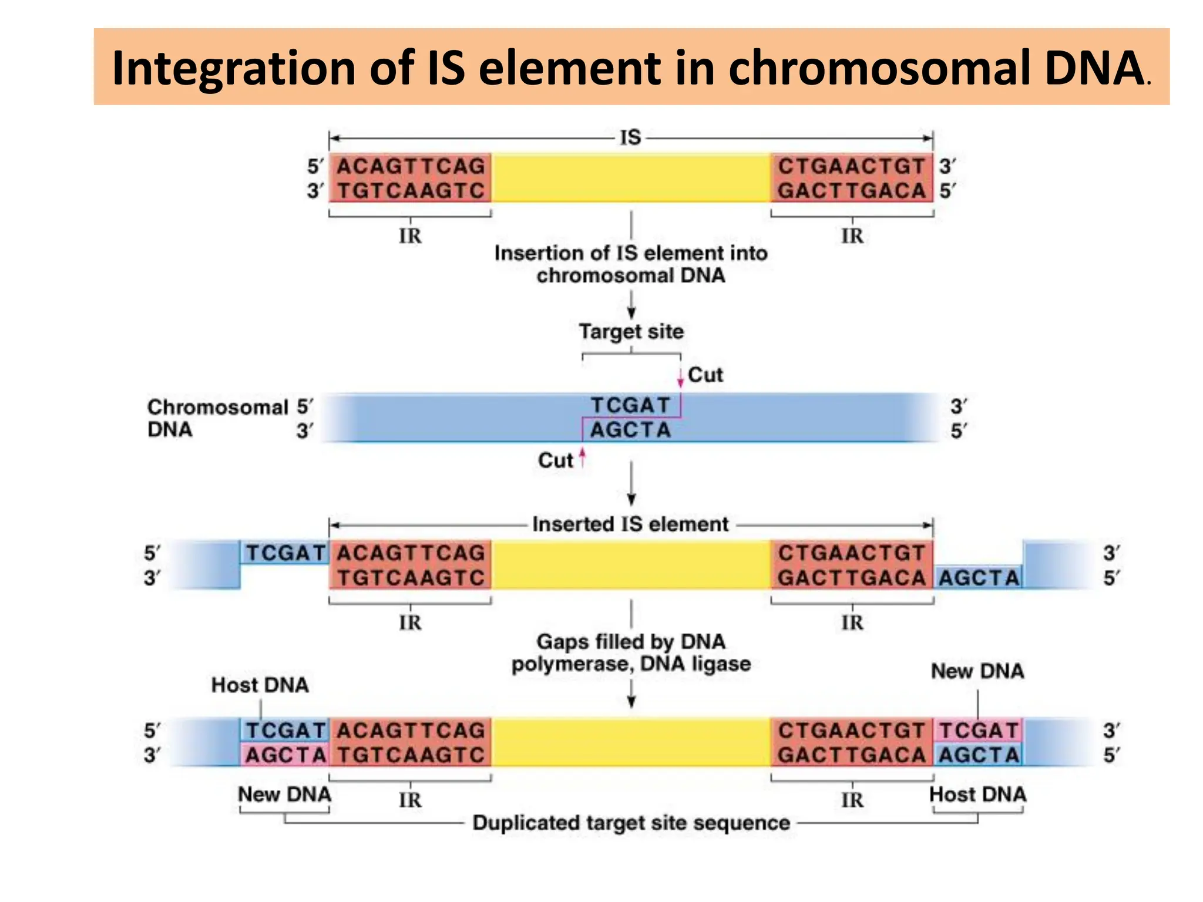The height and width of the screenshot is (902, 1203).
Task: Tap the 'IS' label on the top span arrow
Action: point(630,137)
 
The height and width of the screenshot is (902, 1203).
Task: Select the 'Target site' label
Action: point(631,331)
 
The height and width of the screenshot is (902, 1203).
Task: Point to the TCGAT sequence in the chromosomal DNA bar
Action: point(630,405)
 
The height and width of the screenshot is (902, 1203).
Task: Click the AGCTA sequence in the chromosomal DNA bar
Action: point(630,430)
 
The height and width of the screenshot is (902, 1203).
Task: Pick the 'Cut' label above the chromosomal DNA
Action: point(705,375)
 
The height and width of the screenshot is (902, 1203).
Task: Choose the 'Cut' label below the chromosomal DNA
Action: point(555,460)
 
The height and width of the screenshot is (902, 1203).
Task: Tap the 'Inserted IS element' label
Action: point(630,524)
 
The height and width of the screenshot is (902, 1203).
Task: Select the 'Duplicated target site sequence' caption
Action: point(631,823)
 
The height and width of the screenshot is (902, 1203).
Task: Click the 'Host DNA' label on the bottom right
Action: point(977,794)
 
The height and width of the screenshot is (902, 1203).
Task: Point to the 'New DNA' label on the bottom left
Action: point(284,794)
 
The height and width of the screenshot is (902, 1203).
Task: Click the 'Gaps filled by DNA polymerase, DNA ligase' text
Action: point(631,652)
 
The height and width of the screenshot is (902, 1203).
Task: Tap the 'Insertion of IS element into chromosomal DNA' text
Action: point(631,264)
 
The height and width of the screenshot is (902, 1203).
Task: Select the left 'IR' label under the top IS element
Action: point(410,236)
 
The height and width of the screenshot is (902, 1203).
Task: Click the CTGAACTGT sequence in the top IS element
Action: point(851,166)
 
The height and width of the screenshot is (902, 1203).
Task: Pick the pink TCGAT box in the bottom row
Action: point(978,731)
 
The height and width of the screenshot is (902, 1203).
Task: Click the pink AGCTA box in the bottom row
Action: point(285,755)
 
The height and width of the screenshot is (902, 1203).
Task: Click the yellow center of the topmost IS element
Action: point(631,178)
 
